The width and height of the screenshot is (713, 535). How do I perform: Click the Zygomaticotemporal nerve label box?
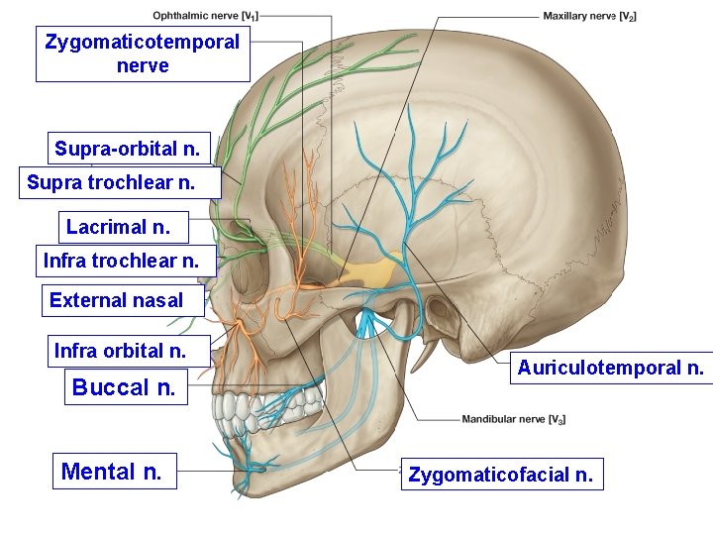pyautogui.click(x=143, y=54)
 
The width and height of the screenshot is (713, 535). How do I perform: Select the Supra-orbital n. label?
pyautogui.click(x=128, y=150)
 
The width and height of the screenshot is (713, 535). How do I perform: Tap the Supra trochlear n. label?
pyautogui.click(x=111, y=182)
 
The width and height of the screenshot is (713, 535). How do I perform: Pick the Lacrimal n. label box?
pyautogui.click(x=124, y=227)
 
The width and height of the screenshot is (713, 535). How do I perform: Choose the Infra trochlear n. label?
pyautogui.click(x=121, y=262)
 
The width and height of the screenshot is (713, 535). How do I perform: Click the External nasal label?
pyautogui.click(x=117, y=300)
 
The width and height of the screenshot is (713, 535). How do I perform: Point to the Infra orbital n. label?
pyautogui.click(x=120, y=351)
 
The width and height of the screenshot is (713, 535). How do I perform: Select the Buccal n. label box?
pyautogui.click(x=124, y=387)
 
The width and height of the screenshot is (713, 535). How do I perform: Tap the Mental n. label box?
pyautogui.click(x=111, y=471)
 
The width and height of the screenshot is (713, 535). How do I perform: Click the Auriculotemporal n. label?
pyautogui.click(x=611, y=369)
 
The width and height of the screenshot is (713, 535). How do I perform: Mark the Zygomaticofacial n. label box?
pyautogui.click(x=501, y=475)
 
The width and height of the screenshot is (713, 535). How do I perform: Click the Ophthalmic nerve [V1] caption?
pyautogui.click(x=206, y=16)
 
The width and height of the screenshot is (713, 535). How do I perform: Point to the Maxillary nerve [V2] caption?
pyautogui.click(x=589, y=16)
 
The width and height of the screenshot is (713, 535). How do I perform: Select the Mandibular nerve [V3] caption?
pyautogui.click(x=514, y=419)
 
